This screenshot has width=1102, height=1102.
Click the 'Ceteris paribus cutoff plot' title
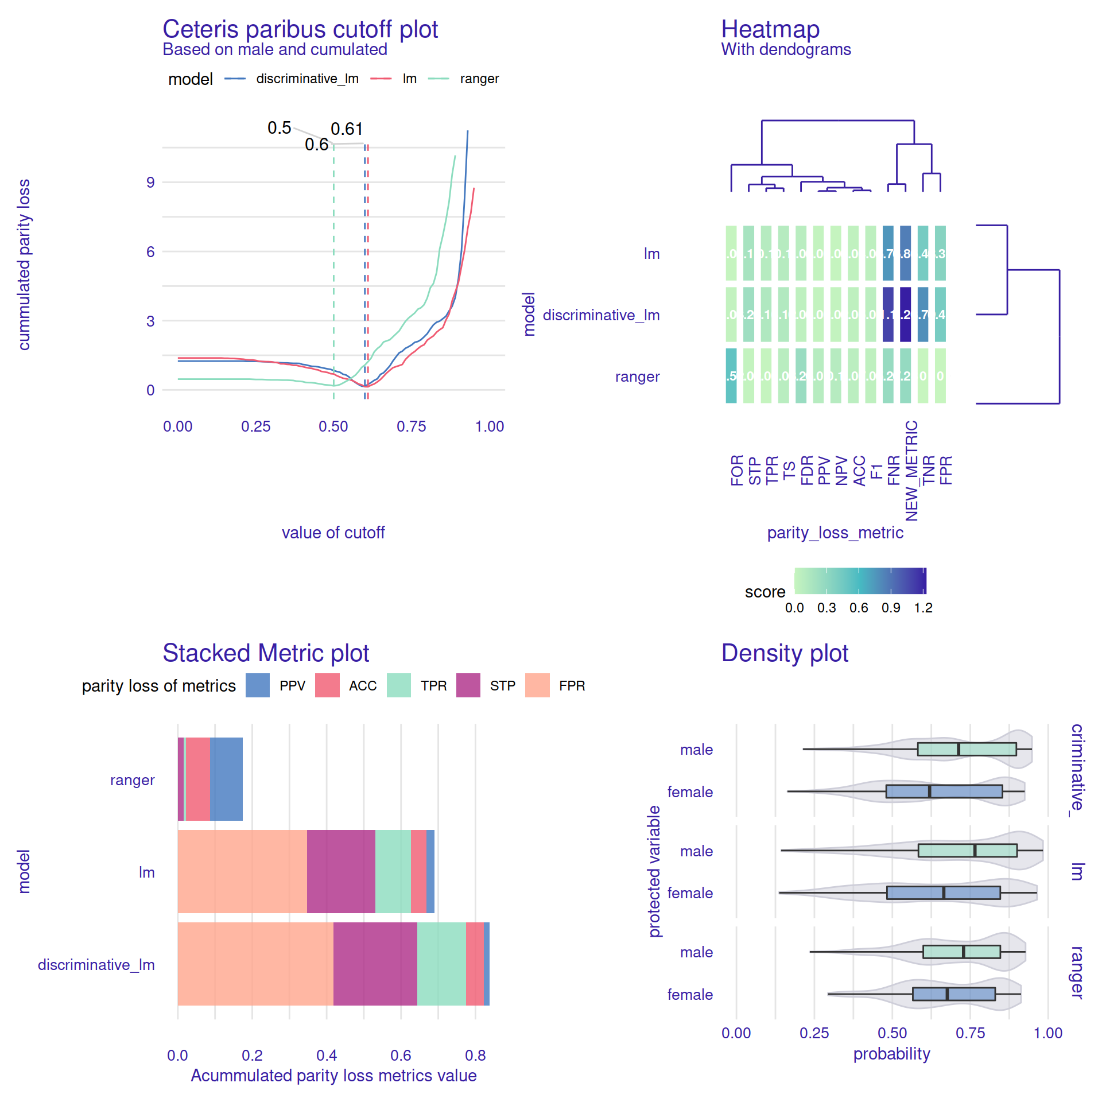[x=300, y=29]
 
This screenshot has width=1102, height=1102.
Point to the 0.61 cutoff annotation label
[x=347, y=129]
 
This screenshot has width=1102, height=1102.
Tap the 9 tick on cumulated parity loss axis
[x=150, y=183]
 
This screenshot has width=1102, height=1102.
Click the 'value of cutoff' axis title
[x=333, y=533]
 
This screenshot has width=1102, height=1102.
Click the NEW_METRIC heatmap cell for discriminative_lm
[x=905, y=315]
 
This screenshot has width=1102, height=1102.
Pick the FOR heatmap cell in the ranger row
[x=731, y=376]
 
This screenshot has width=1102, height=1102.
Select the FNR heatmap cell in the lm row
[x=888, y=253]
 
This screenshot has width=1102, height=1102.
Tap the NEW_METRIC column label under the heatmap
[x=911, y=471]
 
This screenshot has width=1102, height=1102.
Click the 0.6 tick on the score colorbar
[x=859, y=608]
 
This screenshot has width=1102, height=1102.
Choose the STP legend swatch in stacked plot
[x=468, y=685]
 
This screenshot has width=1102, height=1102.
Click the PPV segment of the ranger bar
[x=226, y=779]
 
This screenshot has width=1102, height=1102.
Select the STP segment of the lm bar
[x=341, y=871]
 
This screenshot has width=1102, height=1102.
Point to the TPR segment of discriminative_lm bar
[x=441, y=964]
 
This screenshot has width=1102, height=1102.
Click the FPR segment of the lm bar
[x=242, y=871]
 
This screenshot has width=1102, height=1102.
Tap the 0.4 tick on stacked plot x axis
[x=327, y=1055]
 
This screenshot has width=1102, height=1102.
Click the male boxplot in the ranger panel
[x=961, y=952]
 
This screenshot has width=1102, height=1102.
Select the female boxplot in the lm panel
[x=943, y=893]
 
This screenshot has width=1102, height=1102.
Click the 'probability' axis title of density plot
[x=891, y=1054]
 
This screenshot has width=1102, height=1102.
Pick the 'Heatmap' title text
[x=770, y=29]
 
